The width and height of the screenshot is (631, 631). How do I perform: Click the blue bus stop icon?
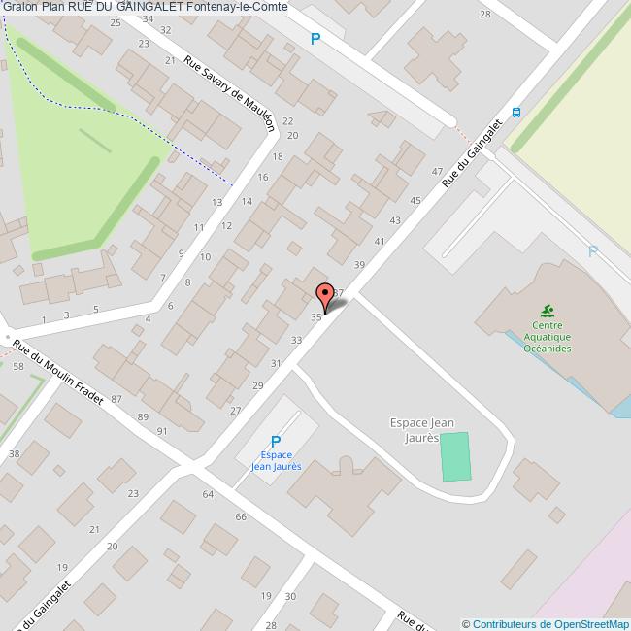[x=516, y=111]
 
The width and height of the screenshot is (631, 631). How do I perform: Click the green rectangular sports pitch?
[x=454, y=456]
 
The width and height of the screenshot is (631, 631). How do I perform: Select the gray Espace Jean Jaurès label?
[x=422, y=430]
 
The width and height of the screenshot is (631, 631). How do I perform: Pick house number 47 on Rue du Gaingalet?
[x=437, y=172]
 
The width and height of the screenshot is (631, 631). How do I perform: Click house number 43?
[x=394, y=220]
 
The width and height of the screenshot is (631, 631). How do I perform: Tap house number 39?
[x=359, y=265]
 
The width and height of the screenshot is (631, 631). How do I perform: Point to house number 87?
[x=116, y=399]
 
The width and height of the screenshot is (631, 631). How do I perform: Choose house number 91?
[x=162, y=430]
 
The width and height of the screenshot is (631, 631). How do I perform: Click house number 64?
[x=208, y=494]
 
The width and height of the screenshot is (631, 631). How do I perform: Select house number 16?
[x=263, y=178]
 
